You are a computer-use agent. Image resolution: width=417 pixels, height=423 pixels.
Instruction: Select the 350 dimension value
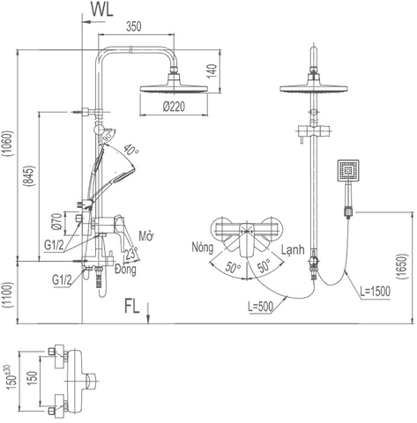132,26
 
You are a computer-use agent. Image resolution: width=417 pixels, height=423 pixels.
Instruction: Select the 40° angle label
133,148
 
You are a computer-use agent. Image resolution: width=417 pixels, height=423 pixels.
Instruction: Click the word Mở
146,236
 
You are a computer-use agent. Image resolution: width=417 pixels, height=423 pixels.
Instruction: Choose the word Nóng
203,250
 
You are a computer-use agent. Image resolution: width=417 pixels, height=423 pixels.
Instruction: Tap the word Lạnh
293,250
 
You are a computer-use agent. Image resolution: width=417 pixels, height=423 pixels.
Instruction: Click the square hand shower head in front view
346,169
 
